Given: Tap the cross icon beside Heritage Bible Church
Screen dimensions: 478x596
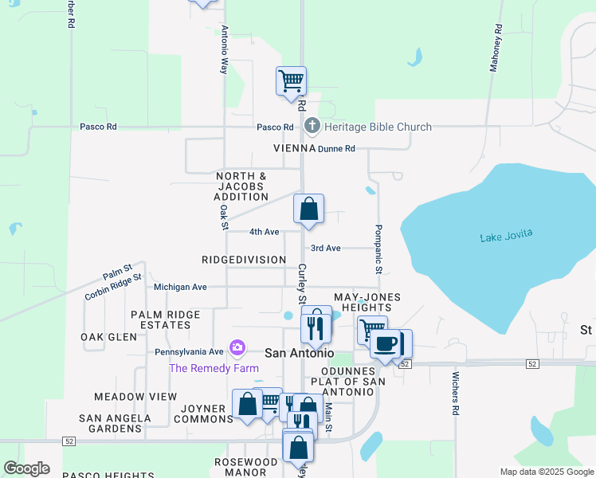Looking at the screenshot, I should click(312, 126).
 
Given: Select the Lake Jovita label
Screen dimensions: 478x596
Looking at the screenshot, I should click(505, 235).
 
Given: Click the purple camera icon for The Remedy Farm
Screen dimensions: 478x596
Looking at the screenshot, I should click(237, 347).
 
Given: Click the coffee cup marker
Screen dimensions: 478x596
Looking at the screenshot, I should click(385, 343).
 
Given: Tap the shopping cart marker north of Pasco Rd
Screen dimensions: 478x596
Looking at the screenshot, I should click(291, 80).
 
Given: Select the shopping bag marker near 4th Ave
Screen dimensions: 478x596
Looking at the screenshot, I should click(309, 209).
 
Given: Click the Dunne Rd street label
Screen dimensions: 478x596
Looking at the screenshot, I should click(335, 148).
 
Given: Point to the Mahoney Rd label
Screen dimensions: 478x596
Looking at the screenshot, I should click(496, 49).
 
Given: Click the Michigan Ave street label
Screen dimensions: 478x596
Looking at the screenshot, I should click(180, 287).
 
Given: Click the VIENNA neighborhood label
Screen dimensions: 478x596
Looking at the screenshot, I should click(294, 148).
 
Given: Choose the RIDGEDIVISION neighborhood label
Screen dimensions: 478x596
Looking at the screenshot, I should click(244, 260).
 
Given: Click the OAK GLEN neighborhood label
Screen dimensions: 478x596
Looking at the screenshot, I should click(109, 337).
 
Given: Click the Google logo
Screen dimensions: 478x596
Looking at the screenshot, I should click(26, 468).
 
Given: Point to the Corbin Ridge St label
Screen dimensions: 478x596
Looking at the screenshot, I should click(112, 288).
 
